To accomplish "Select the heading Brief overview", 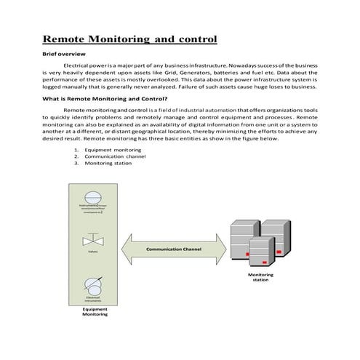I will coord(64,55).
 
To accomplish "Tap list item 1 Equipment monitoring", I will coord(112,150).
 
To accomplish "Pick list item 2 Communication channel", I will coord(115,156).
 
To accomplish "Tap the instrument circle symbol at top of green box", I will coord(92,197).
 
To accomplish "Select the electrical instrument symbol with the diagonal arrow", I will coord(92,284).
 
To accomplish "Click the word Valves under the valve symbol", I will coord(92,253).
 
